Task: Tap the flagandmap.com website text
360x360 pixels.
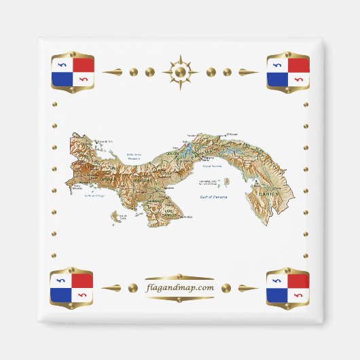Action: pyautogui.click(x=180, y=287)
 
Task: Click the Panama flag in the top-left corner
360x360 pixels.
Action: pyautogui.click(x=72, y=72)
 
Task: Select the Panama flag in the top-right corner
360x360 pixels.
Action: pyautogui.click(x=287, y=72)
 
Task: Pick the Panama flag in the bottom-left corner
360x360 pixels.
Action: pyautogui.click(x=72, y=288)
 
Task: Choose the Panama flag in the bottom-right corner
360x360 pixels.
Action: pyautogui.click(x=287, y=288)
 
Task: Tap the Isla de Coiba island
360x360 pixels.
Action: pyautogui.click(x=123, y=217)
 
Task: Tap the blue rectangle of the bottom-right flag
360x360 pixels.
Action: pyautogui.click(x=276, y=294)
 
